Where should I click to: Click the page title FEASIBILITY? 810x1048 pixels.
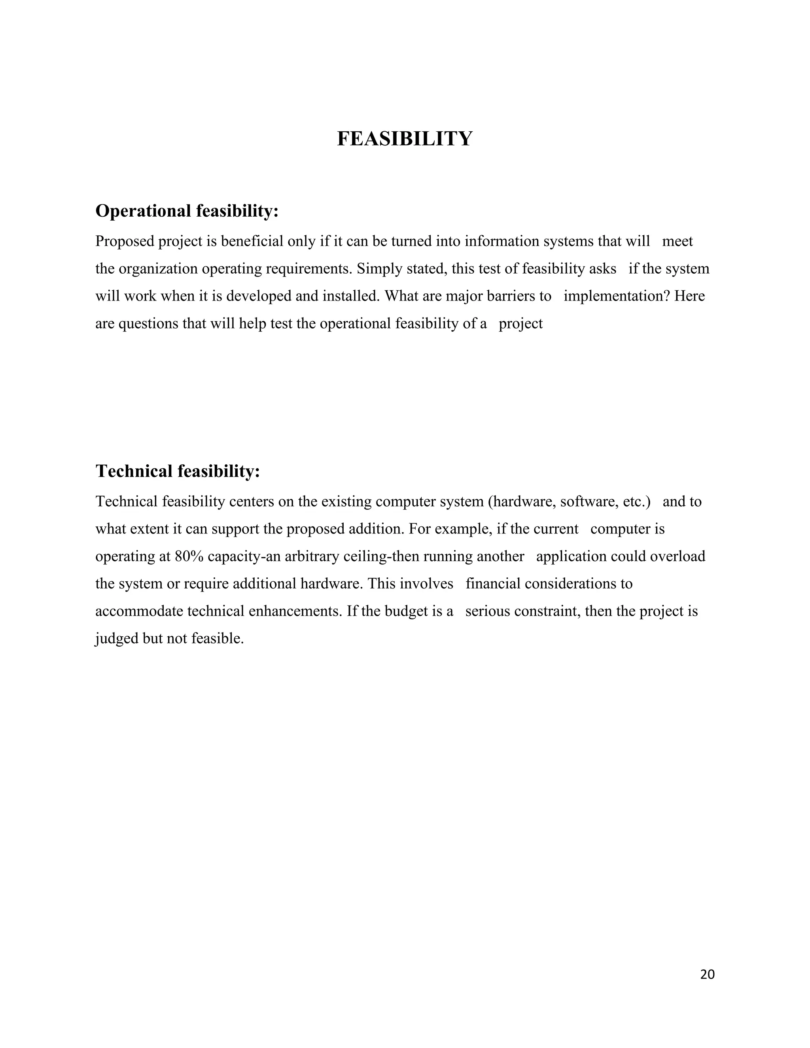(x=405, y=139)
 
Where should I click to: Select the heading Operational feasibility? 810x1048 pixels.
(x=187, y=211)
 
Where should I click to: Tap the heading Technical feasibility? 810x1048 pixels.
(x=178, y=471)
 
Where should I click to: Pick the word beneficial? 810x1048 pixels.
(x=252, y=241)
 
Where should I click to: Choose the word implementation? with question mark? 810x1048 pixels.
(x=617, y=296)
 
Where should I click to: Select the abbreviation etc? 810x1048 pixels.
(x=636, y=502)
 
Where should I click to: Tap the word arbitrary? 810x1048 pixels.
(x=312, y=557)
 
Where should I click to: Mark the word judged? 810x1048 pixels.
(x=117, y=639)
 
